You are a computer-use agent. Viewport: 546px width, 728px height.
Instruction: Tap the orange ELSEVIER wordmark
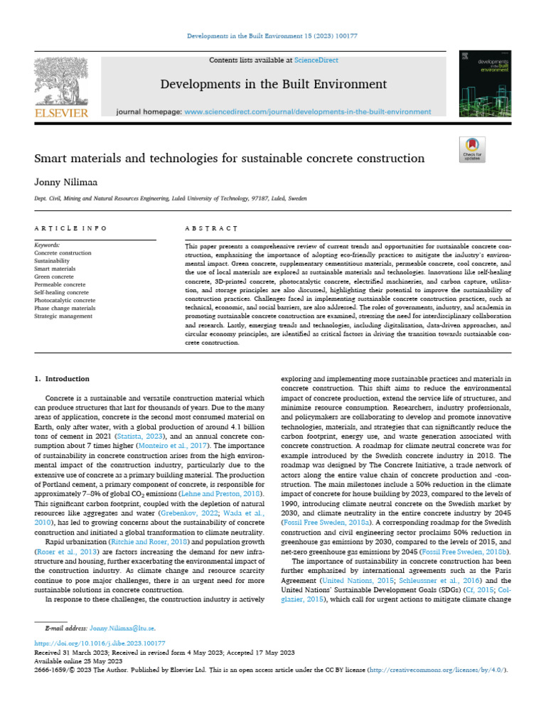click(61, 113)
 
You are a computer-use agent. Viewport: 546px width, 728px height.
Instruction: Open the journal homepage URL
click(307, 112)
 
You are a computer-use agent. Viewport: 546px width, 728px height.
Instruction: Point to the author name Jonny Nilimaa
click(64, 182)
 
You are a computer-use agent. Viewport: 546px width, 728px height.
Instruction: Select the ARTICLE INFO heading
click(71, 228)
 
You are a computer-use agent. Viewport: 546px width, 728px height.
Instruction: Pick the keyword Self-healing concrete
click(62, 292)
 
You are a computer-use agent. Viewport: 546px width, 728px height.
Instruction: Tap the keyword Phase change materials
click(65, 308)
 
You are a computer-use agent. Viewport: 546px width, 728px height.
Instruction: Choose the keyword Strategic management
click(63, 316)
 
